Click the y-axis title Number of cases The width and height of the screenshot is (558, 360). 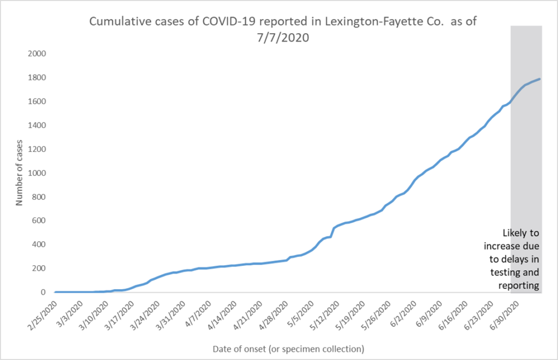click(19, 173)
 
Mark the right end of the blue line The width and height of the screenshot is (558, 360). click(540, 79)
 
